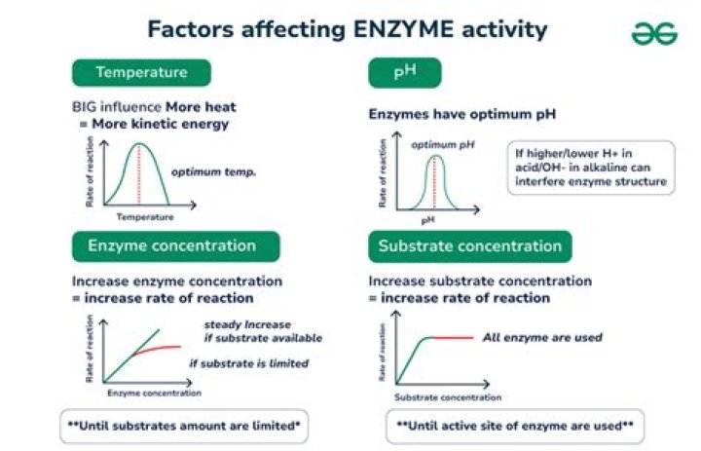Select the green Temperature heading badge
141,74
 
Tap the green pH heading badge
404,74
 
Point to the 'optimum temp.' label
213,172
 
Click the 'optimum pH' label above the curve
442,144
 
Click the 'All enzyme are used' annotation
542,338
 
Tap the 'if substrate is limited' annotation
248,363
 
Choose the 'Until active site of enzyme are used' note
515,427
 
